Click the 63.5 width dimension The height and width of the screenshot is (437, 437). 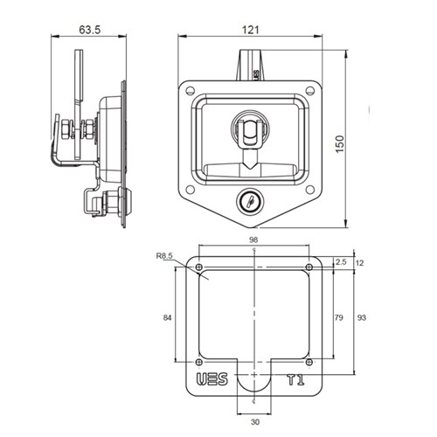point(87,29)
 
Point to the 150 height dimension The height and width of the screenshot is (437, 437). point(351,142)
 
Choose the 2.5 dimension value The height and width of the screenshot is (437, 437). point(340,261)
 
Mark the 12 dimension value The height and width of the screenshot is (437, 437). point(360,261)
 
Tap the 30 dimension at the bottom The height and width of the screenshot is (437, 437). point(253,423)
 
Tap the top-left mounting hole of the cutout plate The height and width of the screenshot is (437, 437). point(198,267)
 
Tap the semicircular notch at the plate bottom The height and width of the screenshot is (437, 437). point(253,385)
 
